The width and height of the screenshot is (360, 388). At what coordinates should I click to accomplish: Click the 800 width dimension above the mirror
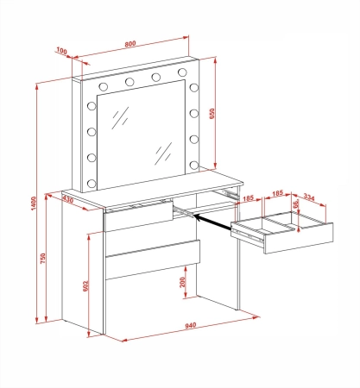130,44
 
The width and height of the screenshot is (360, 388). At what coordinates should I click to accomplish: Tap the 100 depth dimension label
61,51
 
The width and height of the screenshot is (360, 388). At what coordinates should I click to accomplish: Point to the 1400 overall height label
34,203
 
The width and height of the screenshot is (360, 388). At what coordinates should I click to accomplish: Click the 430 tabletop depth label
68,199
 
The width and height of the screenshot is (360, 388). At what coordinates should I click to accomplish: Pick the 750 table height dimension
43,258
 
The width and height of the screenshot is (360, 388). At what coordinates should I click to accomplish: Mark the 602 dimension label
85,285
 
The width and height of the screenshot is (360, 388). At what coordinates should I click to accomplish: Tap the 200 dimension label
182,282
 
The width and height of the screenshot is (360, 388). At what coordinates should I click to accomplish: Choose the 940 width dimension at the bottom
191,325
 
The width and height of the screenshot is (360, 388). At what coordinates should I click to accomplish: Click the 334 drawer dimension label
309,197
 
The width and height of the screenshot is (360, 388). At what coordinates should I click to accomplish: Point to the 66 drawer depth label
295,203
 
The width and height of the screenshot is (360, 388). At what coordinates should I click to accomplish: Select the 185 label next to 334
278,193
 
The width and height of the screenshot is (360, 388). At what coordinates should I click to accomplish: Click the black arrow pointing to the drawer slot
212,222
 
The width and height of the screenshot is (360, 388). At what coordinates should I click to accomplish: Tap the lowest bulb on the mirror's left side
92,183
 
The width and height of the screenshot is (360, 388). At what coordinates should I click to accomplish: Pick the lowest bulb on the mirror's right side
194,165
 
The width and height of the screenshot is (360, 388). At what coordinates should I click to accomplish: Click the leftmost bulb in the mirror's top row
103,86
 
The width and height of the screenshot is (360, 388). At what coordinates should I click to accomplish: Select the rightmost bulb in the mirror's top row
182,72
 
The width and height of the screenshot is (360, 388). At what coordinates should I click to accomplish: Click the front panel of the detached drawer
299,238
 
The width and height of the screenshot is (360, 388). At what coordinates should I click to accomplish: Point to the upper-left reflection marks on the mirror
120,118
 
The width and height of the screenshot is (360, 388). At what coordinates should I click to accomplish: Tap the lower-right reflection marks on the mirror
163,153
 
